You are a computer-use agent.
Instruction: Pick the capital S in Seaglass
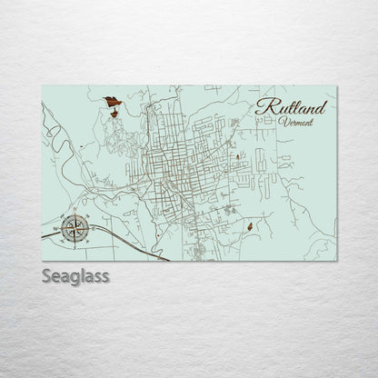tap(48, 274)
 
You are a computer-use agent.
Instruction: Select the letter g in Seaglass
tap(74, 277)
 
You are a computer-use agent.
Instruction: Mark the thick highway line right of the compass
tap(136, 245)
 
